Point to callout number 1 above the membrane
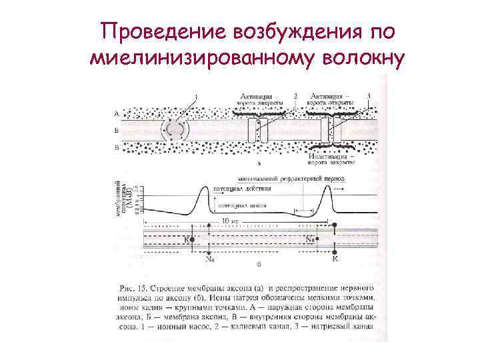pos(196,97)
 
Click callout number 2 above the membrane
pos(295,97)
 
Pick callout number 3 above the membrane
pos(369,97)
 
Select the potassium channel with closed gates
pos(257,130)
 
